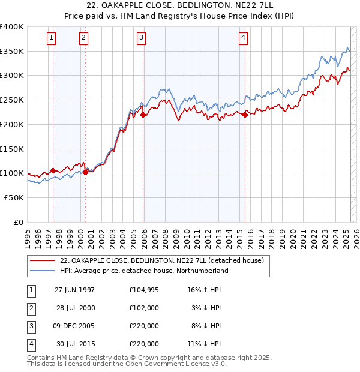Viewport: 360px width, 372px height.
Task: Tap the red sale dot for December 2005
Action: (143, 115)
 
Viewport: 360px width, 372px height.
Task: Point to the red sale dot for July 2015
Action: (245, 115)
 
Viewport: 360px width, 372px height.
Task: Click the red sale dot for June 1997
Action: (53, 170)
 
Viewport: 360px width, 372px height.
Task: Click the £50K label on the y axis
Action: (14, 197)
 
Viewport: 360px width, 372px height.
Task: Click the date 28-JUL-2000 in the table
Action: (76, 308)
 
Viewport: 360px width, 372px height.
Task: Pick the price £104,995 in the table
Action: (144, 290)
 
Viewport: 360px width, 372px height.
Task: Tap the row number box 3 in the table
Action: (31, 326)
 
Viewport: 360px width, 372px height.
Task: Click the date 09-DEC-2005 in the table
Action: (76, 326)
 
